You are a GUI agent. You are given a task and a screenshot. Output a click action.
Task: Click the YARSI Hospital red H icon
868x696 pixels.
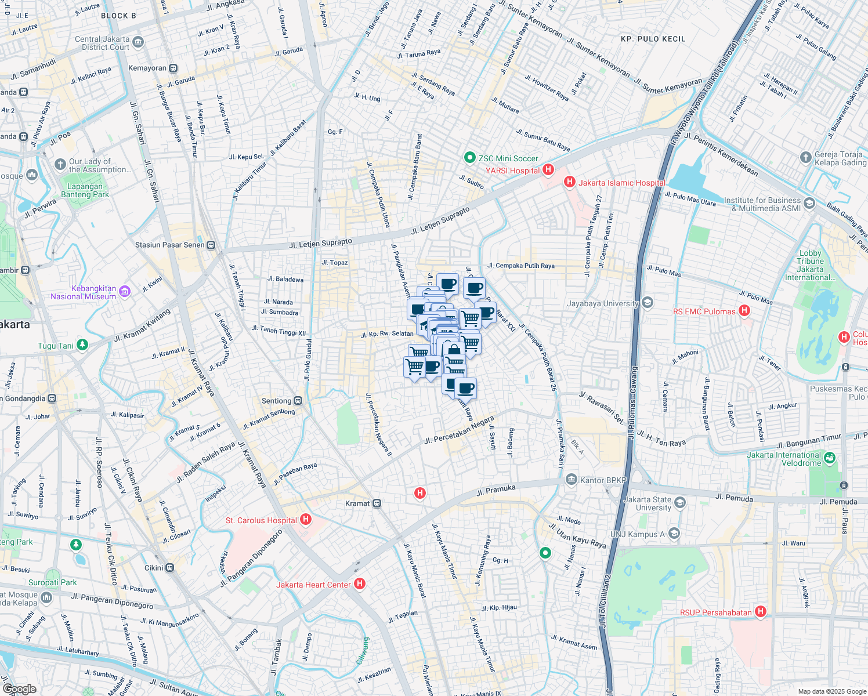(x=548, y=170)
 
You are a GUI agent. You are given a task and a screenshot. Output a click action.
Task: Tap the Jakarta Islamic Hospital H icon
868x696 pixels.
(x=570, y=182)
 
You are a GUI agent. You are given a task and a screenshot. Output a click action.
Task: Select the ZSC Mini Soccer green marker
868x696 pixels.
(x=469, y=158)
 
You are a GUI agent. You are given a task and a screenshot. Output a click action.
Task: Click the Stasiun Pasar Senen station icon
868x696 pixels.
(x=211, y=245)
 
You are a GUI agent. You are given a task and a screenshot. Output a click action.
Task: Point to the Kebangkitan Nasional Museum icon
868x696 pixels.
(x=125, y=291)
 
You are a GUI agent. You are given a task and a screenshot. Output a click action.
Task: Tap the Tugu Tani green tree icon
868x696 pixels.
(x=82, y=345)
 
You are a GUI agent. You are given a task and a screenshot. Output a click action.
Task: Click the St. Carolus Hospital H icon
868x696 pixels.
(x=306, y=520)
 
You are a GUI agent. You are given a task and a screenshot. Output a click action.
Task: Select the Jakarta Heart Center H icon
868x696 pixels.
(x=360, y=583)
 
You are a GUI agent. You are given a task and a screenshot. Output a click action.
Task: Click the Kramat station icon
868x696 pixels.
(x=377, y=503)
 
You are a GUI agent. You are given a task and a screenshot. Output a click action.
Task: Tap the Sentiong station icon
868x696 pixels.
(x=298, y=400)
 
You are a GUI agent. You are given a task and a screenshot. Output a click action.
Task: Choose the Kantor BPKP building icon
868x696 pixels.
(x=572, y=480)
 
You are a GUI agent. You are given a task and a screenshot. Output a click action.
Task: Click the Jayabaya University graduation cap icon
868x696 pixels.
(x=648, y=303)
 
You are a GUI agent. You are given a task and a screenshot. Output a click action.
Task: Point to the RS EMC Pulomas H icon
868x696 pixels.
(x=744, y=311)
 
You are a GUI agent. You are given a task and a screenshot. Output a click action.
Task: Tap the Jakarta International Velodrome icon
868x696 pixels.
(x=829, y=458)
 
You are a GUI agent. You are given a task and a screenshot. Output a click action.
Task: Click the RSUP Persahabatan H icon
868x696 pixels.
(x=761, y=611)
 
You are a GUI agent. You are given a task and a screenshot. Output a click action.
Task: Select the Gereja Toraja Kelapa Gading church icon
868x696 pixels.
(x=805, y=157)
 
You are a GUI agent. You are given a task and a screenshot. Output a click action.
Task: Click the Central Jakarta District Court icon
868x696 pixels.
(x=138, y=42)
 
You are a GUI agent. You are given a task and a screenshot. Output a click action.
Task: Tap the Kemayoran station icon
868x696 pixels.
(x=173, y=68)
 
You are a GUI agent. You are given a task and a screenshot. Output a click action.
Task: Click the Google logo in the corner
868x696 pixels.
(x=19, y=688)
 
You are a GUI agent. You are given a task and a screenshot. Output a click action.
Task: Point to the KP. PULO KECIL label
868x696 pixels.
(x=653, y=39)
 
